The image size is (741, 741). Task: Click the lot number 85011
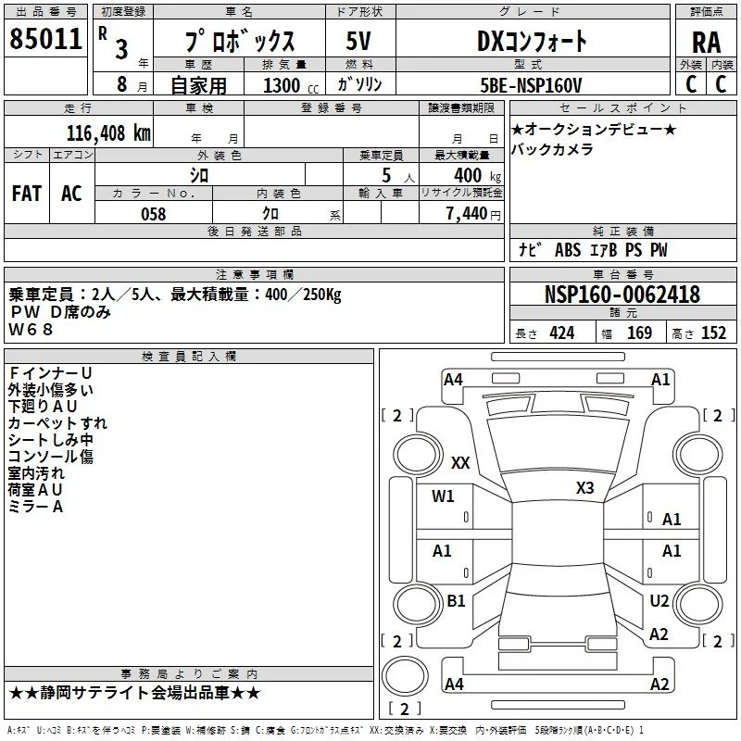45,39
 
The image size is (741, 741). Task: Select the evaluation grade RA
707,43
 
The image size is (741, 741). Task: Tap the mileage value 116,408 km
108,133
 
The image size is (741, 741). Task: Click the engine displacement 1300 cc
291,85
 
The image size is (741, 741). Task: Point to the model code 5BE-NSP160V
531,85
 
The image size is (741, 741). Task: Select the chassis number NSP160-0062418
622,295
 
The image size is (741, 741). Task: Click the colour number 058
154,214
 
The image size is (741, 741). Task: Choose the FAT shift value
27,194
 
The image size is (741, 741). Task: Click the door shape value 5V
358,41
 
